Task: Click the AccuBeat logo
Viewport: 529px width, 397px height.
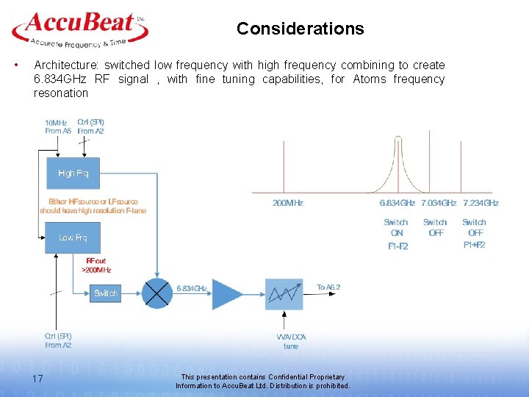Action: coord(80,29)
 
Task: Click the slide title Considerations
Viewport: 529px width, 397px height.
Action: coord(300,29)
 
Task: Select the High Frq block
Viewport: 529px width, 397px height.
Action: coord(73,174)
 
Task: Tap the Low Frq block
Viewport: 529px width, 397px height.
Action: coord(73,237)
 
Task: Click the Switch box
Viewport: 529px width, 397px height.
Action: coord(105,293)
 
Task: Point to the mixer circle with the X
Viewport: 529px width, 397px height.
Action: coord(156,293)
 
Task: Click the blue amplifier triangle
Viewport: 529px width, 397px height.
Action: coord(227,293)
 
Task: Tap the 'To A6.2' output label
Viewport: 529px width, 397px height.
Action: coord(328,287)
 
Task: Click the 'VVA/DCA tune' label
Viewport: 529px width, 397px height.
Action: coord(292,341)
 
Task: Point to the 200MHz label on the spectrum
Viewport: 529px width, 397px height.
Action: coord(288,203)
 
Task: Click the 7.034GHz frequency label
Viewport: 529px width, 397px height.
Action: coord(439,203)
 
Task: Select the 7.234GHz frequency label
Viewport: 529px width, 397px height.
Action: coord(481,203)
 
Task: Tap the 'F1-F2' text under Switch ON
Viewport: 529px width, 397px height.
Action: coord(397,246)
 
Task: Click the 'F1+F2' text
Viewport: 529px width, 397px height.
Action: coord(474,245)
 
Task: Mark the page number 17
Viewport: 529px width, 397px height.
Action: coord(38,379)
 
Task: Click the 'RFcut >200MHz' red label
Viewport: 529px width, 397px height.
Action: coord(96,265)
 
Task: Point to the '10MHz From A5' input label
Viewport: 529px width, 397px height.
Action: coord(59,126)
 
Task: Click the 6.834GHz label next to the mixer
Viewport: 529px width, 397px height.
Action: coord(192,288)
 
